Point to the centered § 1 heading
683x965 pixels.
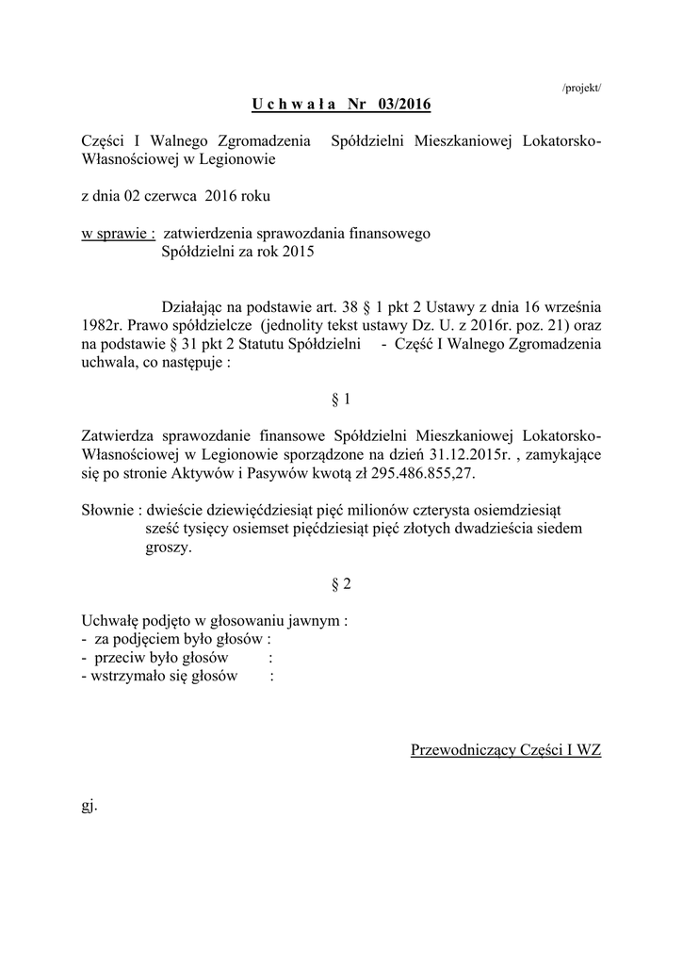pyautogui.click(x=341, y=399)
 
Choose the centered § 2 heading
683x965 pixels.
pyautogui.click(x=341, y=584)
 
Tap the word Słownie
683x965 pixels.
pyautogui.click(x=107, y=509)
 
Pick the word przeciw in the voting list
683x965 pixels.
pyautogui.click(x=119, y=658)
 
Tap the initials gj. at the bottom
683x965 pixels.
pyautogui.click(x=90, y=806)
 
